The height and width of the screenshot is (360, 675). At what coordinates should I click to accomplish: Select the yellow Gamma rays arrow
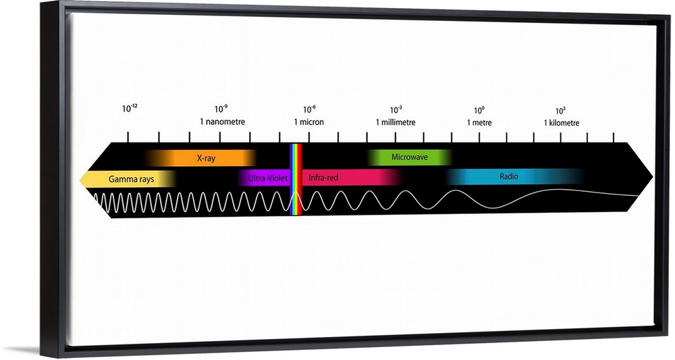pos(128,179)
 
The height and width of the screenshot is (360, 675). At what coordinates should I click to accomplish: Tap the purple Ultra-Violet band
pos(265,178)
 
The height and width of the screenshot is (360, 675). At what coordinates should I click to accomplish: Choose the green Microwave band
pos(409,157)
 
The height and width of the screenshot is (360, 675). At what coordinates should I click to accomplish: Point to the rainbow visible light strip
pos(296,179)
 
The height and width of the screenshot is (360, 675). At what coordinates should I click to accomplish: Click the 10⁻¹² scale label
pos(130,109)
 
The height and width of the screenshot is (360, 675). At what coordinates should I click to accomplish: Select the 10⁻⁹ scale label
pos(221,109)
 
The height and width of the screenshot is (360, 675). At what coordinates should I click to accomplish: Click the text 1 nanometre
pos(222,122)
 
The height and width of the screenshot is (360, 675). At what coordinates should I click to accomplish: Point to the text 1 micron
pos(308,122)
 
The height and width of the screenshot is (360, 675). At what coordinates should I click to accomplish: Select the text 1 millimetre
pos(396,122)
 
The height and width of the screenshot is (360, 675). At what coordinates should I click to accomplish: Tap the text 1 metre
pos(479,123)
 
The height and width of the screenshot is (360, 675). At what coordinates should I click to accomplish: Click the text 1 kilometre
pos(562,123)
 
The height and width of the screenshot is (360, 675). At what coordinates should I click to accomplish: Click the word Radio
pos(509,177)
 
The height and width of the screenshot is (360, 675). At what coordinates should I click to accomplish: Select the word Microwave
pos(409,157)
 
